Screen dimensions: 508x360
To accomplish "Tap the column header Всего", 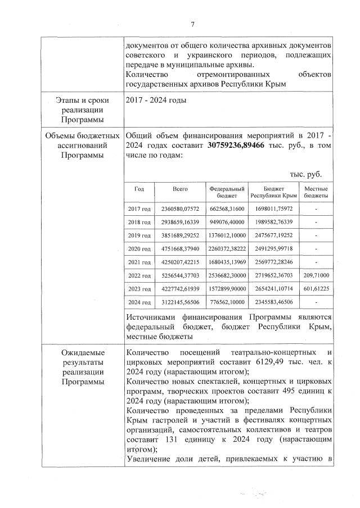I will tap(180, 189).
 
